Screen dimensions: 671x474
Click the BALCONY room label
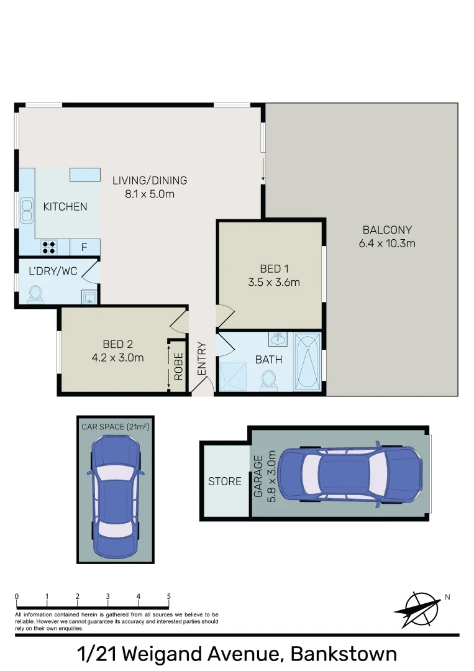click(387, 229)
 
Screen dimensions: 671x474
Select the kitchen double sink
click(27, 210)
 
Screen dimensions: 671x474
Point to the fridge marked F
click(84, 247)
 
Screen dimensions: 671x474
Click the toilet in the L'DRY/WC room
click(35, 293)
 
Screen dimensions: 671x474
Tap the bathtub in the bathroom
click(308, 362)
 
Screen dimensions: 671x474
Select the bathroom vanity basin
click(278, 340)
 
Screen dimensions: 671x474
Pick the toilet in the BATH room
click(269, 380)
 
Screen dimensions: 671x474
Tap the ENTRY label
click(202, 358)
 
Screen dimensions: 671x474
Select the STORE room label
click(225, 481)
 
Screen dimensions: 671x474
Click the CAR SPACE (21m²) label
click(116, 427)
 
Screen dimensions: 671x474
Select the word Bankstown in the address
click(344, 654)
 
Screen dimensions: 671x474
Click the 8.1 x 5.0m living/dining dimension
click(149, 194)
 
